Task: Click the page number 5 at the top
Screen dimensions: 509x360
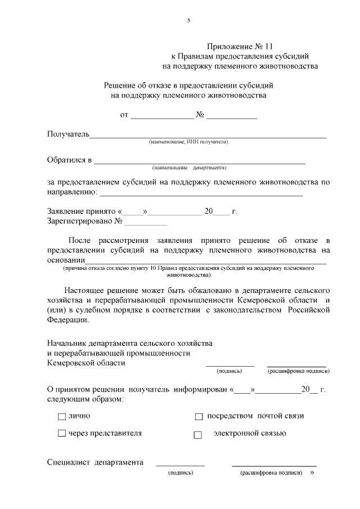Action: (x=189, y=21)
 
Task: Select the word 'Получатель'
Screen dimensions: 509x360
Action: (x=68, y=134)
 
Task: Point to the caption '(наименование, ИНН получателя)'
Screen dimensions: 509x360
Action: (x=188, y=142)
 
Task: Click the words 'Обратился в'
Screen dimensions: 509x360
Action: (x=69, y=160)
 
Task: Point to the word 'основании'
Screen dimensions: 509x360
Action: (x=66, y=260)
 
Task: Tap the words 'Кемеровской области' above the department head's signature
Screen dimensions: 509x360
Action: (x=86, y=363)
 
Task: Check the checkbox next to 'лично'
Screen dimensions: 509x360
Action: (x=62, y=417)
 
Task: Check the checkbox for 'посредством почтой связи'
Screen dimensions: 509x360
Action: (x=199, y=417)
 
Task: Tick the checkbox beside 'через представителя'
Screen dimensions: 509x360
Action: (x=62, y=434)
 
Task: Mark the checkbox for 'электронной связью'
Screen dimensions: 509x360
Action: (x=197, y=435)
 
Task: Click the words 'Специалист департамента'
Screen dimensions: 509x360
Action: (x=94, y=463)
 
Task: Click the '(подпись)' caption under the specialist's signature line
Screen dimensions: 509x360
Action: (x=181, y=473)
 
